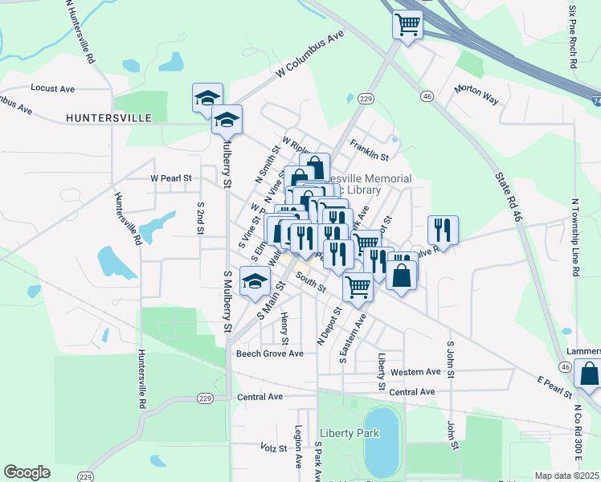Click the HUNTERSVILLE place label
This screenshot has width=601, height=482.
point(109,118)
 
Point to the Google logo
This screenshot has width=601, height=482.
point(27,472)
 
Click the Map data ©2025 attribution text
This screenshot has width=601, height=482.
point(566,476)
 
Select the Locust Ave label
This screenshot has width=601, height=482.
point(52,88)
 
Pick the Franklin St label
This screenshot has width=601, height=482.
point(369,147)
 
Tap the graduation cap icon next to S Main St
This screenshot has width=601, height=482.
point(255,282)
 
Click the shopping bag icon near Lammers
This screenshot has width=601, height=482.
point(589,375)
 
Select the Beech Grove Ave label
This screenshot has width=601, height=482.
point(269,353)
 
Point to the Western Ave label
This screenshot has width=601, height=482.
point(415,372)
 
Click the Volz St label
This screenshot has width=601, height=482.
point(274,447)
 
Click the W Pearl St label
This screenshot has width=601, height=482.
point(171,178)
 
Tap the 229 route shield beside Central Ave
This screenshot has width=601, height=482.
point(205,398)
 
